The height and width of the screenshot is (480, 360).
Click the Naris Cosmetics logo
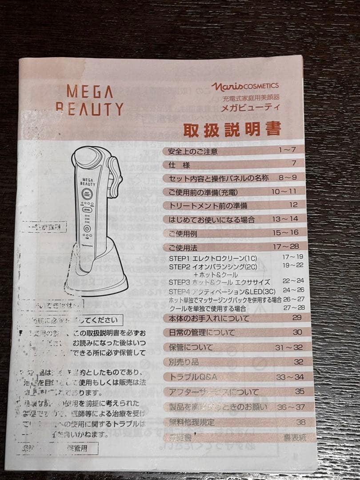[x=245, y=86]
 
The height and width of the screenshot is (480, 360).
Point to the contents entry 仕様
[x=180, y=165]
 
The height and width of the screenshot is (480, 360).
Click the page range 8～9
[x=287, y=177]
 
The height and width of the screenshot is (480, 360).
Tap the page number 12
[x=293, y=204]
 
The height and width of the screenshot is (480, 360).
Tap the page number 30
[x=297, y=332]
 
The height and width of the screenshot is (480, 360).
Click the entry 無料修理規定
[x=192, y=422]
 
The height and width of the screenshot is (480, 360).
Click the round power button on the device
[x=86, y=229]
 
